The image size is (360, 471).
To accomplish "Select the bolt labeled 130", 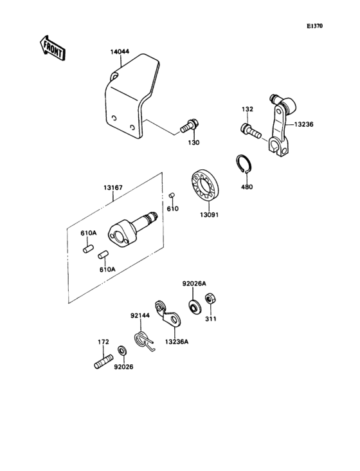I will point(190,123).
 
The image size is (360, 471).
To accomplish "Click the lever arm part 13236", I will point(278,125).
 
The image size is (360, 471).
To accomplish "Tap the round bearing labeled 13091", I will point(206,187).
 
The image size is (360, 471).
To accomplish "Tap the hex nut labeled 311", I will point(209,300).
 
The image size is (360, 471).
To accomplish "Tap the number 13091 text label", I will point(208,215).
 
